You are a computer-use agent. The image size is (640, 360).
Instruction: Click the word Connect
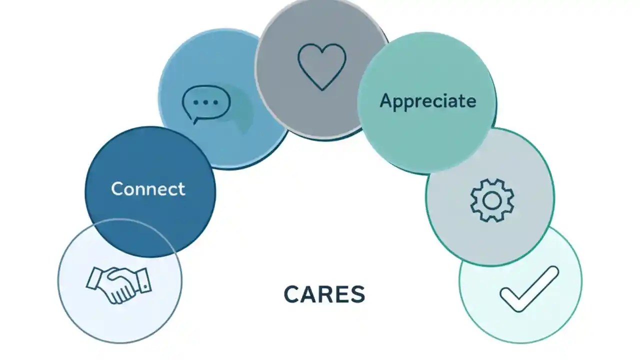pos(148,189)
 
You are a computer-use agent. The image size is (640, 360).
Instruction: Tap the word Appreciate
pos(427,101)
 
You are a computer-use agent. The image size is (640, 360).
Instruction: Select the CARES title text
pos(324,294)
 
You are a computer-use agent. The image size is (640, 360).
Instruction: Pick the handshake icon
pos(118,284)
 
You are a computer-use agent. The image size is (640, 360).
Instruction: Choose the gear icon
pos(492,200)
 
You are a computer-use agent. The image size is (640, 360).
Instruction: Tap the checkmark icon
pos(529,289)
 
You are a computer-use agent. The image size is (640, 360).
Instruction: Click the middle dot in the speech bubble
pos(205,102)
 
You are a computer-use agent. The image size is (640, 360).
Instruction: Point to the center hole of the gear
pos(492,200)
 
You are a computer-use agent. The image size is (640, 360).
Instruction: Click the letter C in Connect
pos(117,189)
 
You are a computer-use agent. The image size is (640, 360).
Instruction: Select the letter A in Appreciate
pos(385,101)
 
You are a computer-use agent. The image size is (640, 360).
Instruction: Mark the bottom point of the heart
pos(321,89)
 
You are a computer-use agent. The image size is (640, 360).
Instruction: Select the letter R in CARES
pos(324,294)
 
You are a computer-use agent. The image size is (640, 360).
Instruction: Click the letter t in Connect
pos(181,189)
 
